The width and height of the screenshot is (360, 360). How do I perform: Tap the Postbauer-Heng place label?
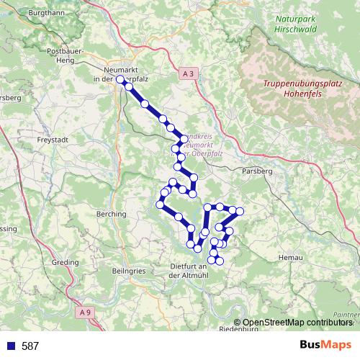coord(67,56)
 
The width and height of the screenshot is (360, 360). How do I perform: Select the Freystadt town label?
coord(51,140)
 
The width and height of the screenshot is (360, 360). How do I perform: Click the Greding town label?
coord(65,263)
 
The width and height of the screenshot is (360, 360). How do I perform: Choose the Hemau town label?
coord(289,255)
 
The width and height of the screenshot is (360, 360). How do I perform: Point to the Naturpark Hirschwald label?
coord(295,24)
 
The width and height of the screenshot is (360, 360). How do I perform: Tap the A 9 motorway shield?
coord(86,312)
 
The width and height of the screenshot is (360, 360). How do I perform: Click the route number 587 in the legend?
coord(30,346)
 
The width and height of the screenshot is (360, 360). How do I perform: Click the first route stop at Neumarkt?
coord(120,80)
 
